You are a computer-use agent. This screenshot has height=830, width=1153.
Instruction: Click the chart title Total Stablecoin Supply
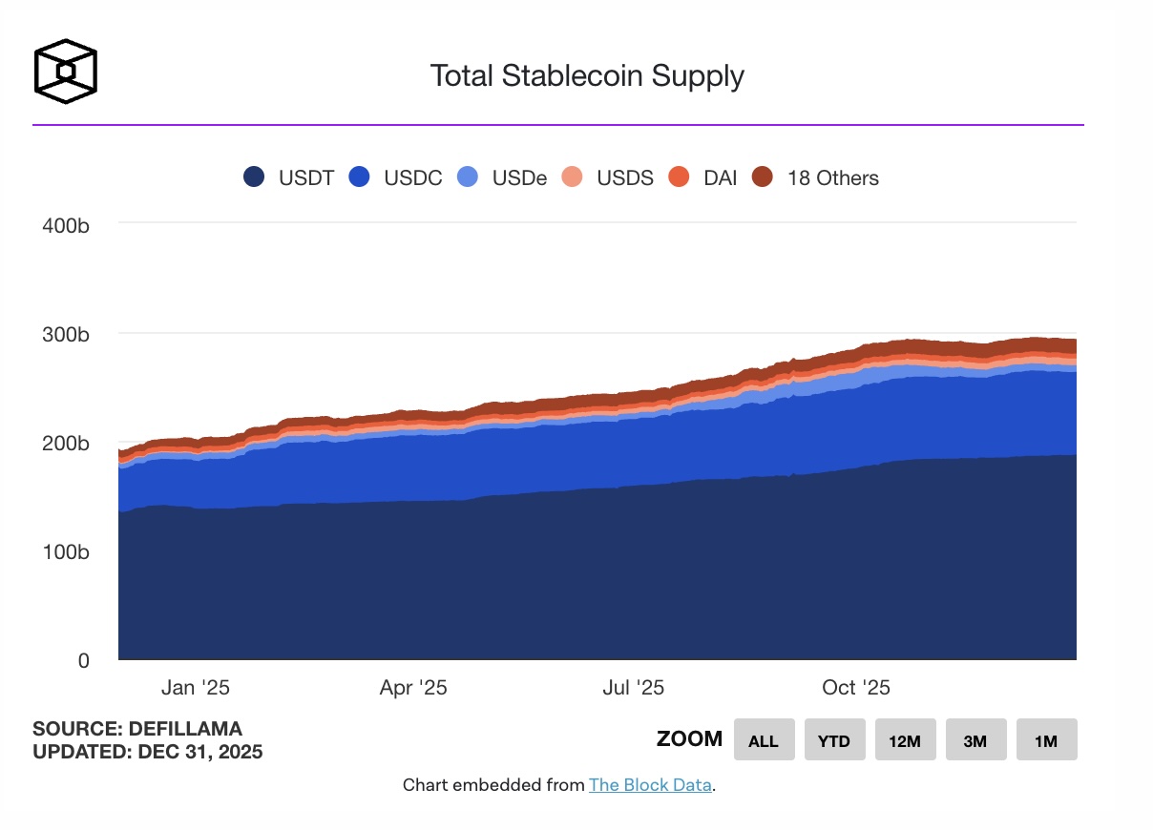point(586,75)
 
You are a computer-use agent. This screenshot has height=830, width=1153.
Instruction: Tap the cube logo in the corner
point(66,72)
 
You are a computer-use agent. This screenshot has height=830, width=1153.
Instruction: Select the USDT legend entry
point(289,177)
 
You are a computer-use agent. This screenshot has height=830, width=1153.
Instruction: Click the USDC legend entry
point(396,177)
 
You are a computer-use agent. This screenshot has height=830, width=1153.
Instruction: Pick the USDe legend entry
point(503,177)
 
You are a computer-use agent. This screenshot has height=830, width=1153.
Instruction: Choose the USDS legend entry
point(609,177)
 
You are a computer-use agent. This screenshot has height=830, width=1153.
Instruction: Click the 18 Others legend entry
point(815,177)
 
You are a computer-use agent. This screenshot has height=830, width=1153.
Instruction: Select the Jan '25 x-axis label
point(196,688)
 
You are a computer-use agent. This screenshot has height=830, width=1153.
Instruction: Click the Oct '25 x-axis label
point(855,688)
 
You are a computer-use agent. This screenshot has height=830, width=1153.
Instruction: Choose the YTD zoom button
point(834,740)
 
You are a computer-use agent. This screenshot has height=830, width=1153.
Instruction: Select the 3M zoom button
point(975,740)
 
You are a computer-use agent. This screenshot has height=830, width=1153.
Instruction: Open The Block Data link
point(650,785)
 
